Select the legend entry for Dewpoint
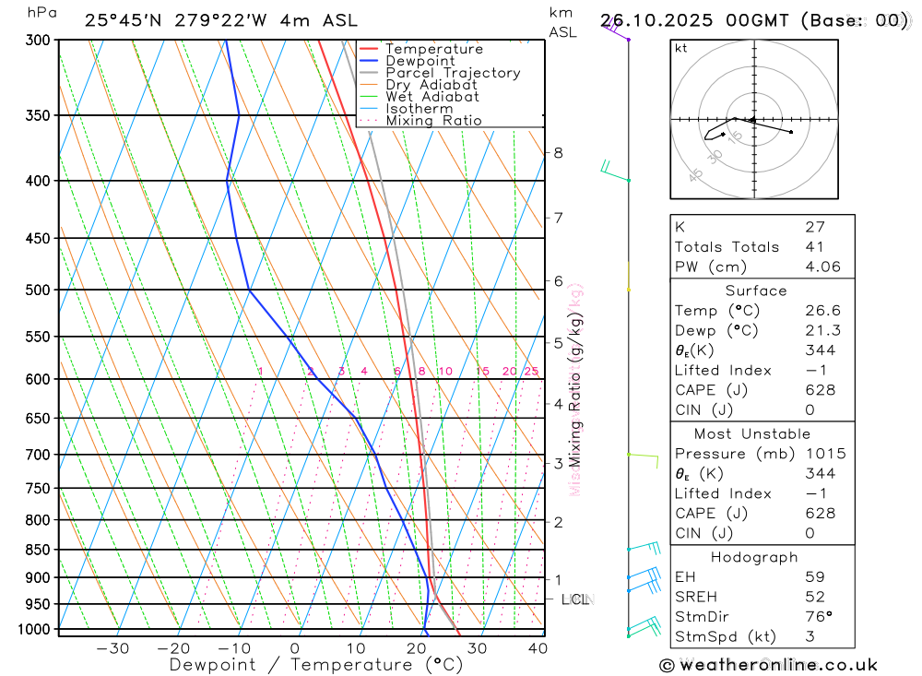(420, 61)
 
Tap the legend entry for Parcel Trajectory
(453, 73)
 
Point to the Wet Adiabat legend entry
(432, 97)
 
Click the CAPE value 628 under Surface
(820, 390)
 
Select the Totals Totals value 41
(814, 247)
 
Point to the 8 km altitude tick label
(558, 152)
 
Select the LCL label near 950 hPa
(575, 599)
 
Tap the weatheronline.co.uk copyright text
(769, 665)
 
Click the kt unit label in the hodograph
(681, 49)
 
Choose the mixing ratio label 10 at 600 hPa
(444, 372)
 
